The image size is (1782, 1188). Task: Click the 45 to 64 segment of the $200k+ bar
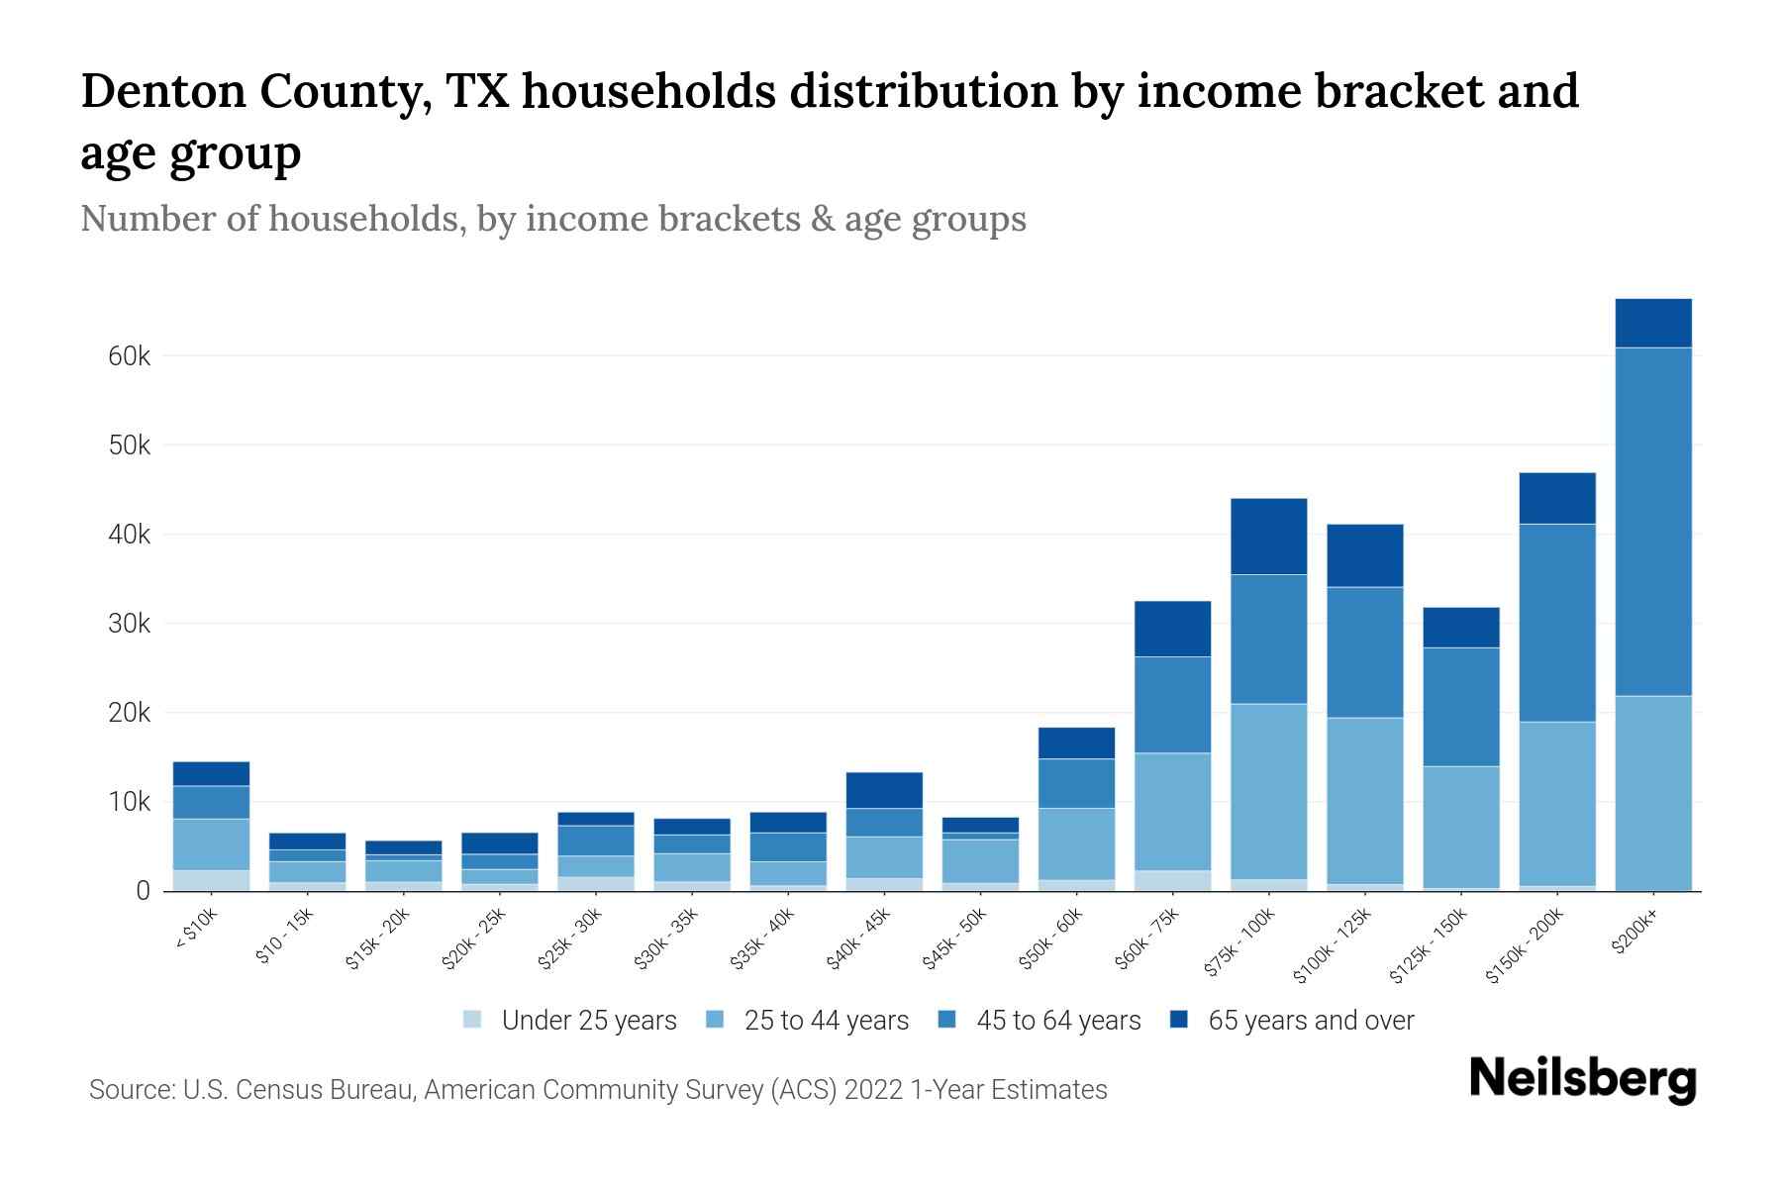(1652, 522)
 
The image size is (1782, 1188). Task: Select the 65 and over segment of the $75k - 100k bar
(1268, 537)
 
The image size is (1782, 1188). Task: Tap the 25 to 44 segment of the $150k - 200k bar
(1557, 803)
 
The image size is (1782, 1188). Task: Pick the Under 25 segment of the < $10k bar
(211, 880)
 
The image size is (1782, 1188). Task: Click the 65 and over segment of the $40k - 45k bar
(884, 790)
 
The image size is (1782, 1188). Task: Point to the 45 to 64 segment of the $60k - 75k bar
(1172, 705)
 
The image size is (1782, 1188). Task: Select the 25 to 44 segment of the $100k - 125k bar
(1364, 800)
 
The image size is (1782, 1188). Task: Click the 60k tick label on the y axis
(129, 356)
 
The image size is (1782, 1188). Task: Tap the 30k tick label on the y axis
(129, 624)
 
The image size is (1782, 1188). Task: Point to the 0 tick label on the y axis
(143, 891)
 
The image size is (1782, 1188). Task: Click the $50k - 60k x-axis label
(1052, 939)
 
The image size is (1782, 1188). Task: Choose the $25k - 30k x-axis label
(571, 939)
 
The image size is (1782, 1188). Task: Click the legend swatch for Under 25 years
(473, 1020)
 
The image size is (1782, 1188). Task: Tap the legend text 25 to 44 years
(826, 1020)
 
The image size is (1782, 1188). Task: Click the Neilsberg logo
(1582, 1078)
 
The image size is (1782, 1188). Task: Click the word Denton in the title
(162, 91)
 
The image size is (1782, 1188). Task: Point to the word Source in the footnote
(130, 1090)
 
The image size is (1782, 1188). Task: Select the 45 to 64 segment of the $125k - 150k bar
(1460, 707)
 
